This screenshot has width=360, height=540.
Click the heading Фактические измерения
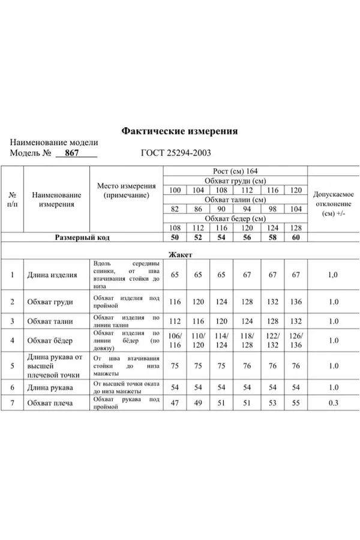[179, 131]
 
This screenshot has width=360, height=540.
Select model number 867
[72, 153]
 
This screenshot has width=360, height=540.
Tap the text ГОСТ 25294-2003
[175, 153]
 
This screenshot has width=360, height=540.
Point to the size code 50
[175, 238]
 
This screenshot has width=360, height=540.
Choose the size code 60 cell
[295, 238]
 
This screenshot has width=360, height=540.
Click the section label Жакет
[179, 254]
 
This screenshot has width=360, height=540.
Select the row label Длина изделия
[52, 275]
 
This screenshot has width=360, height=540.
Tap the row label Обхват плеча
[50, 403]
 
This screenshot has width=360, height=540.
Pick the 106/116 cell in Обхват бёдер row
[175, 340]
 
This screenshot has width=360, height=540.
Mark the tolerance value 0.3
[334, 403]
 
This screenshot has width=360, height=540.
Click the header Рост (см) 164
[235, 172]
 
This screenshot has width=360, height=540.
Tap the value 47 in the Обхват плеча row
[175, 403]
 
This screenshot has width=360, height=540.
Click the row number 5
[12, 365]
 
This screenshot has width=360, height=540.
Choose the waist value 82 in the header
[175, 209]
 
